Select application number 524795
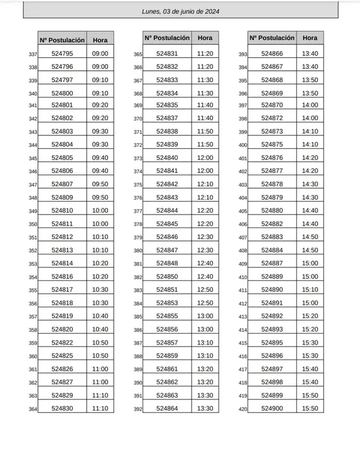click(x=62, y=53)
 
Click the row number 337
click(x=33, y=55)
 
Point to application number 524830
click(x=62, y=408)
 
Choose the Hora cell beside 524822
click(x=100, y=342)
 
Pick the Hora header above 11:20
click(x=205, y=38)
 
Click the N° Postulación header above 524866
click(x=272, y=38)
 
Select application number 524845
click(x=167, y=224)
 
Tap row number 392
click(x=138, y=409)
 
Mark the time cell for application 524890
click(x=310, y=290)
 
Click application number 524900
click(x=272, y=408)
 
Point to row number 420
click(x=243, y=409)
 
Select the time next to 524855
click(x=205, y=316)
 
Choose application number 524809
click(x=62, y=197)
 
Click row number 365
click(x=138, y=55)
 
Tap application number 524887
click(x=272, y=263)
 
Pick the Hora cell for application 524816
click(x=100, y=277)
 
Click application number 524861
click(x=167, y=369)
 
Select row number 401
click(x=243, y=159)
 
